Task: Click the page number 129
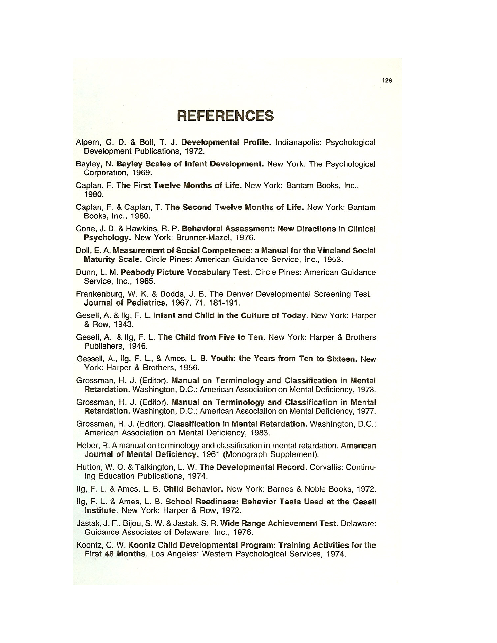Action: [x=387, y=80]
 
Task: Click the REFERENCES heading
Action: [x=225, y=116]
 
